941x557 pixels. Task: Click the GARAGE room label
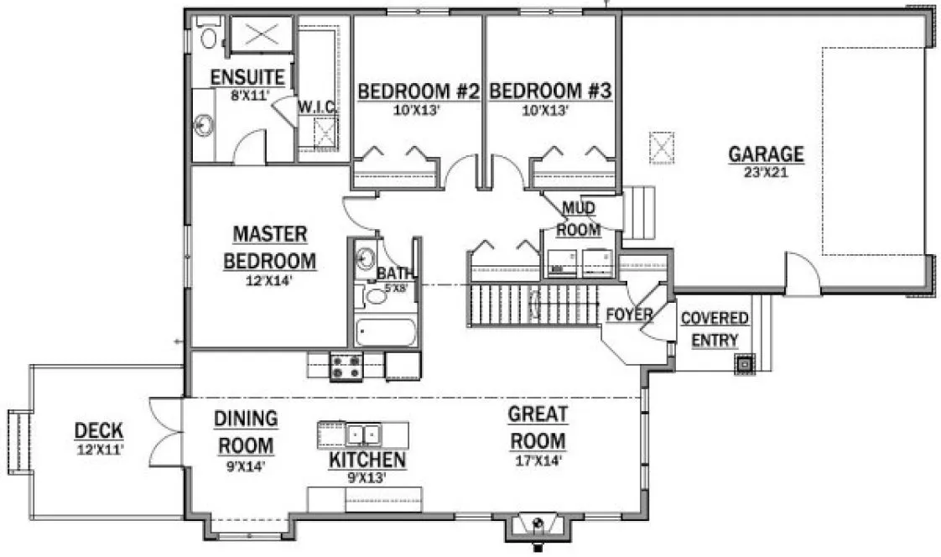766,154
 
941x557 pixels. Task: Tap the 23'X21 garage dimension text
766,173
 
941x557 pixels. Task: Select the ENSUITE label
247,78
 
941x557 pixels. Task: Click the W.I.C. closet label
318,107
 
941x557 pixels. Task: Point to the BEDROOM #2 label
417,91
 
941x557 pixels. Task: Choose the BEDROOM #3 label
549,91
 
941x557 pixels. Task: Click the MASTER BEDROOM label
270,247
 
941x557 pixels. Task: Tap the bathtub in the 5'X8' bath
384,332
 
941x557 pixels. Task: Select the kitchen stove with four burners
346,367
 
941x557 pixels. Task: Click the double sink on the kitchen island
363,435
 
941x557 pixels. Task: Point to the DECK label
99,431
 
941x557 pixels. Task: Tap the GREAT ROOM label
538,427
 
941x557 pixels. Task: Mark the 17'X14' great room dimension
538,461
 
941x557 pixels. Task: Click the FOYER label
629,315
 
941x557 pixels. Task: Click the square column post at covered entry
743,364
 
